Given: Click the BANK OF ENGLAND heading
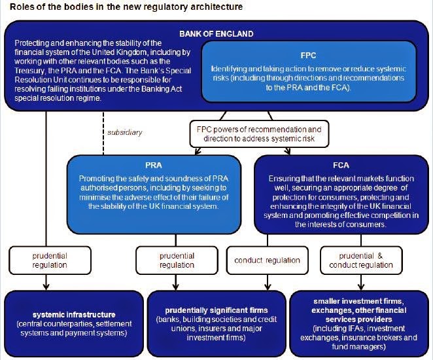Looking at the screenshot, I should coord(217,33).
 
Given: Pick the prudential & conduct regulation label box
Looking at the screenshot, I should coord(357,260).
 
